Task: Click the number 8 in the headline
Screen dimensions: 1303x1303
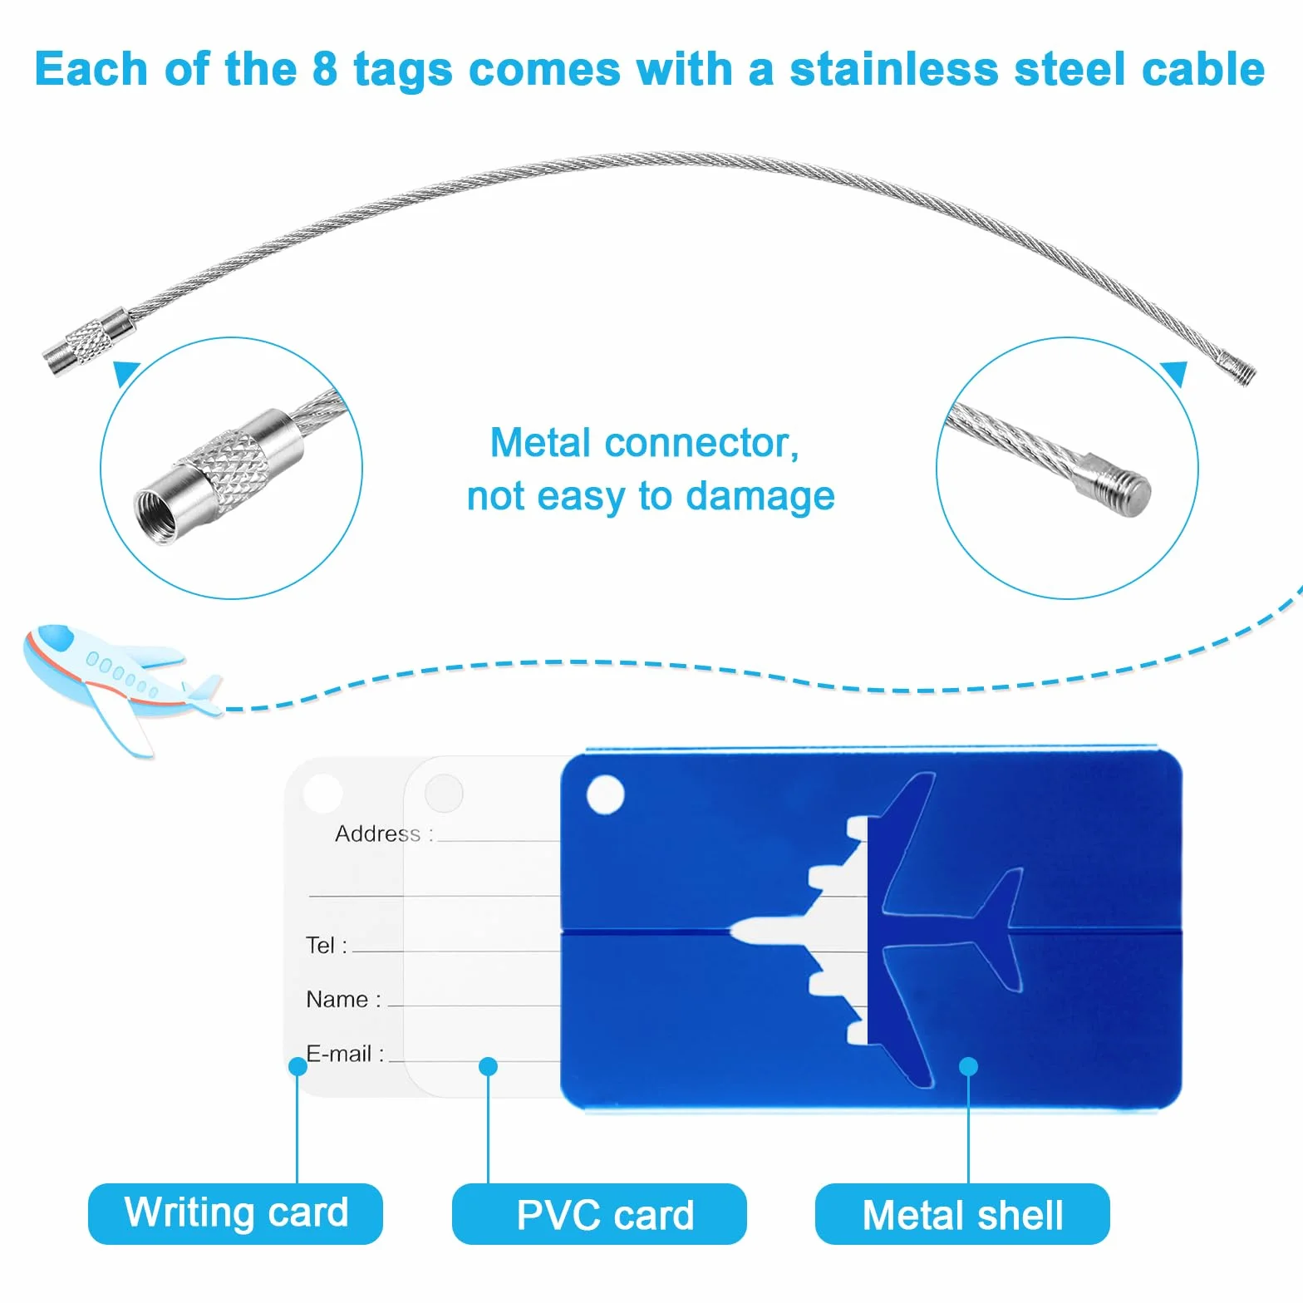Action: (325, 68)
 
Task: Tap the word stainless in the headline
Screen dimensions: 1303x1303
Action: (893, 68)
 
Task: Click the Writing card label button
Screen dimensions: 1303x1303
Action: (235, 1213)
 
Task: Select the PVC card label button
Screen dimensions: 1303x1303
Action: (599, 1213)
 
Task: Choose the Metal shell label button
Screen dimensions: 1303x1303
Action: (962, 1213)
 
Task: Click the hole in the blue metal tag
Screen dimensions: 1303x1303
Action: (605, 794)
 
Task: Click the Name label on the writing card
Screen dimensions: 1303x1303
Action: (343, 999)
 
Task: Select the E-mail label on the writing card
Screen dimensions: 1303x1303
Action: (345, 1054)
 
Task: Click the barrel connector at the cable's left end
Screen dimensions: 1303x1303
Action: (87, 342)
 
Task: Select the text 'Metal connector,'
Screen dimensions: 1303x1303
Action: (644, 443)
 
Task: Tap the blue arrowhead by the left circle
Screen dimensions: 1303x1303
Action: (125, 373)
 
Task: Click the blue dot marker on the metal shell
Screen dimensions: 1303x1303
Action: (968, 1066)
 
